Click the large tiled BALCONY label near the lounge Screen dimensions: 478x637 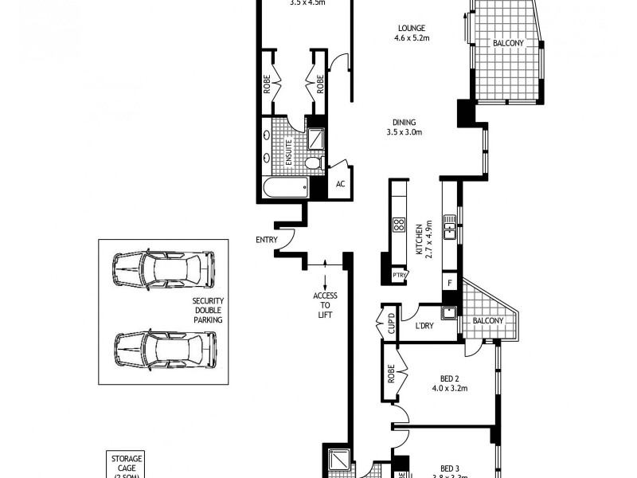(x=508, y=43)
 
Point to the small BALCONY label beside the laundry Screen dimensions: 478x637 (x=488, y=320)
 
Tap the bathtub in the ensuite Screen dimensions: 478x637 (x=286, y=188)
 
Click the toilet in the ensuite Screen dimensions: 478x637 (x=313, y=163)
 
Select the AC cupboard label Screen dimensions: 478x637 (x=340, y=184)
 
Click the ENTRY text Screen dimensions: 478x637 (x=266, y=240)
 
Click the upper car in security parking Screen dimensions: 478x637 (x=163, y=269)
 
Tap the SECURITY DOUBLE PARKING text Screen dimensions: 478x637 (x=207, y=309)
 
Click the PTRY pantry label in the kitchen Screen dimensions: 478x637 (x=399, y=276)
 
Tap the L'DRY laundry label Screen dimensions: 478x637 (x=424, y=326)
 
